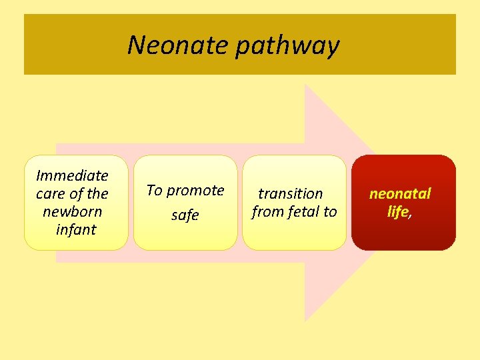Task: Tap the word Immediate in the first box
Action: [x=72, y=176]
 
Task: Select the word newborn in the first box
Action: [x=72, y=212]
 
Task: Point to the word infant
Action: [x=76, y=230]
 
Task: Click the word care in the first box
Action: [x=50, y=194]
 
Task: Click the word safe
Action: [x=185, y=215]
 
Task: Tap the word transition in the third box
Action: [x=291, y=194]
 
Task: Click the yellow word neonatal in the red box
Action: [x=400, y=194]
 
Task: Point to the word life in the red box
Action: [x=398, y=212]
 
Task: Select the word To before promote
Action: [x=154, y=191]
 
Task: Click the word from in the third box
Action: [x=265, y=212]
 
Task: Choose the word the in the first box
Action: [x=97, y=194]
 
